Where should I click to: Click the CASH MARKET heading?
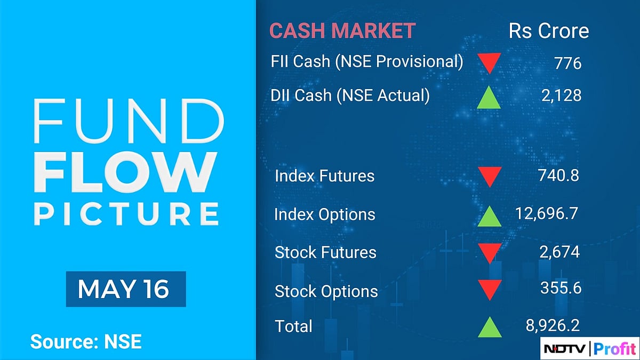(342, 31)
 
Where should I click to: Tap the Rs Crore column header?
(549, 31)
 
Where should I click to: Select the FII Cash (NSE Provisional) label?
(367, 62)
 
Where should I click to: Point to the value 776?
(567, 63)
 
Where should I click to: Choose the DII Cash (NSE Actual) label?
(350, 95)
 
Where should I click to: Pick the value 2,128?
(559, 95)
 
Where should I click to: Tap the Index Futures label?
(324, 176)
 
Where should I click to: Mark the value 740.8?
(558, 175)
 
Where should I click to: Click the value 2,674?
(559, 252)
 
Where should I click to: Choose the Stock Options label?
(326, 292)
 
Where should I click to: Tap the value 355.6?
(560, 288)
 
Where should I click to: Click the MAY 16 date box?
(125, 289)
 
